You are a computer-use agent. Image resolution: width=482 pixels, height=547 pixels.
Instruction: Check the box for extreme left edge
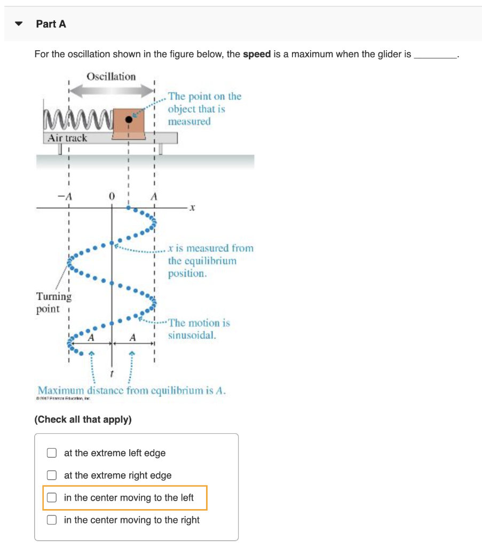pos(52,453)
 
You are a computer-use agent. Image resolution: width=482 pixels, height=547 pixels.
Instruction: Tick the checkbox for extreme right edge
pos(52,475)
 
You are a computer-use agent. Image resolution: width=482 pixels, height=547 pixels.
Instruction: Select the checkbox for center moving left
pos(52,498)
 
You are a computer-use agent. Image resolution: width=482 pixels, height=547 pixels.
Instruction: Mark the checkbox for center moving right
pos(52,520)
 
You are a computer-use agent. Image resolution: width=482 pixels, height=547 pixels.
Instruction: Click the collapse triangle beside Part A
pos(19,24)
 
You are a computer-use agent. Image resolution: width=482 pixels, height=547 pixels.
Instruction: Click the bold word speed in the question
pos(257,54)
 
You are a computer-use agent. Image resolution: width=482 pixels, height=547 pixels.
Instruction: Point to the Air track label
pos(67,138)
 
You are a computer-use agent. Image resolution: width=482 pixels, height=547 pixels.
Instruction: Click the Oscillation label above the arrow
pos(111,76)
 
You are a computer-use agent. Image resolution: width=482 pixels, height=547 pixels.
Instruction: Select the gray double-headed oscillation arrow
pos(111,92)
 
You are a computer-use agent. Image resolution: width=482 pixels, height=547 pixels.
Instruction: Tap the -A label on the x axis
pos(69,196)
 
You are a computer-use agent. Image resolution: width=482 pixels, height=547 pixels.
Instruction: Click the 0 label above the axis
pos(111,196)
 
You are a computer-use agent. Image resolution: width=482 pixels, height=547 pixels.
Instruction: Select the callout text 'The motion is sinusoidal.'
pos(199,329)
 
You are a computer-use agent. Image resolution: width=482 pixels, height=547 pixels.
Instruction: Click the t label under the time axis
pos(111,372)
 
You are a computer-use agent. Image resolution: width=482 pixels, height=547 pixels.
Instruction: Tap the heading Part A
pos(51,24)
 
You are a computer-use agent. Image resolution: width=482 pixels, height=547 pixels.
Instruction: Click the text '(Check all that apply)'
pos(83,419)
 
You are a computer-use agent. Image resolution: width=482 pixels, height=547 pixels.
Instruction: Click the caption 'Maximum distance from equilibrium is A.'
pos(131,390)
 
